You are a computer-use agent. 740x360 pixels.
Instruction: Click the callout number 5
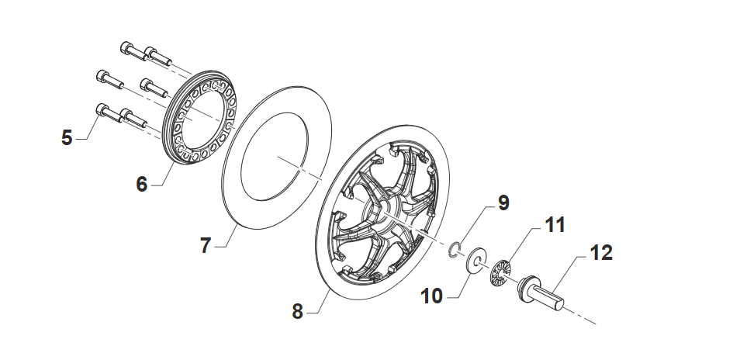coord(67,137)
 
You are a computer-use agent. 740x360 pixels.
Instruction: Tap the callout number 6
coord(142,184)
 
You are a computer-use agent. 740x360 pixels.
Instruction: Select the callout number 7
coord(206,245)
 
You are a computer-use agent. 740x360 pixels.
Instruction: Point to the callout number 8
coord(297,311)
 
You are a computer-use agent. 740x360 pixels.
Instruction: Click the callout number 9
coord(503,202)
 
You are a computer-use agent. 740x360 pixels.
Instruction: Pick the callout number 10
coord(432,296)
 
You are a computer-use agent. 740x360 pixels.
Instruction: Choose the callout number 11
coord(555,225)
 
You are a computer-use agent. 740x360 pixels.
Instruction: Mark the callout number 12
coord(601,253)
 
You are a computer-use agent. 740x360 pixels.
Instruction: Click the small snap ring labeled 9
coord(455,250)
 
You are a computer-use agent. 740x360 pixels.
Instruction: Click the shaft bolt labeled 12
coord(541,293)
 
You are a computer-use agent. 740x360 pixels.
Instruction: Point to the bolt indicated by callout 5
coord(109,114)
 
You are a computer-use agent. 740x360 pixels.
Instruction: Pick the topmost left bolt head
coord(126,47)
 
